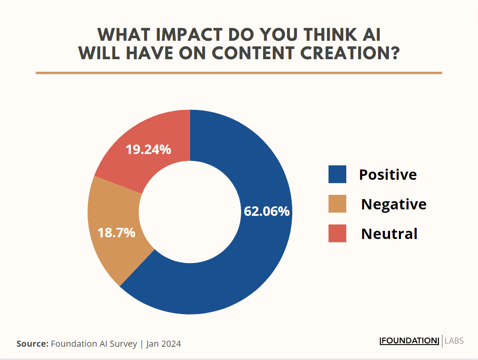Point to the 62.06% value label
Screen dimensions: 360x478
(266, 212)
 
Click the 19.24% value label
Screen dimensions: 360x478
(148, 150)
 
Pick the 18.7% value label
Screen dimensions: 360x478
(116, 233)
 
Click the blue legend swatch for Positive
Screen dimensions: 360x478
(337, 174)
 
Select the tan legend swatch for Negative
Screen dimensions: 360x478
(337, 204)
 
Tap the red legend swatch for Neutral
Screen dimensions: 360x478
(337, 233)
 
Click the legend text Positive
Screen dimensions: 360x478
(388, 175)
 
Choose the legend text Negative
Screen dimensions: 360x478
(393, 204)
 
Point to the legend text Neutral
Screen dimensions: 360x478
(389, 234)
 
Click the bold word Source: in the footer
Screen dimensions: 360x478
(32, 344)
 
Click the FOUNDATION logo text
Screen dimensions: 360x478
(409, 341)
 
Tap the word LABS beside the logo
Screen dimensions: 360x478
(454, 341)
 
